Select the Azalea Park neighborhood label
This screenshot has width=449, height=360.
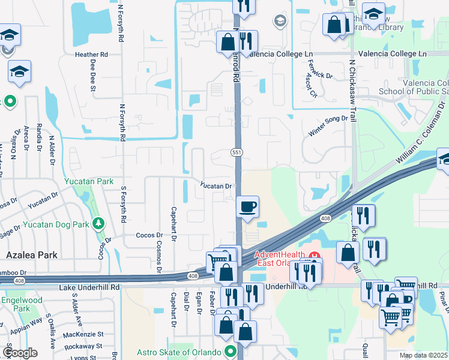31,255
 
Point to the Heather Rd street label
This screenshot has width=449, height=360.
91,54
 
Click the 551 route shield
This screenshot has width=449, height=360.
237,153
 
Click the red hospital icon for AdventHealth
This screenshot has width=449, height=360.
313,258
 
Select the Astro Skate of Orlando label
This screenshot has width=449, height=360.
180,352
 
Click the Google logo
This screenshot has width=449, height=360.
20,352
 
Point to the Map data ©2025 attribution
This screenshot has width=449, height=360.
423,355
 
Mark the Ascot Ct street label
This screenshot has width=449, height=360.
311,86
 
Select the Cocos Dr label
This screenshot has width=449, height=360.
149,235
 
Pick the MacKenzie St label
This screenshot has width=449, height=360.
83,334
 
